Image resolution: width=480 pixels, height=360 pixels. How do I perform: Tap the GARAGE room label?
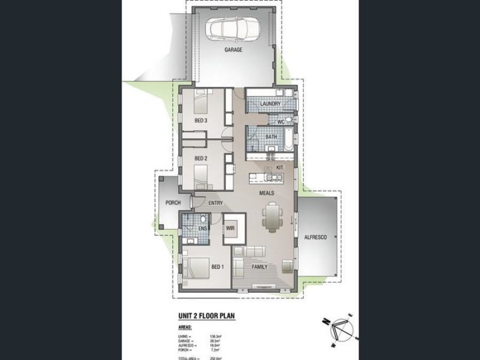point(233,50)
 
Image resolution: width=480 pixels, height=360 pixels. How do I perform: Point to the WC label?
point(280,122)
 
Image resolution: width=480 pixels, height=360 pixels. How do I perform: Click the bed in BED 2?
point(202,175)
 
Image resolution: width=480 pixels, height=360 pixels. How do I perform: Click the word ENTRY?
point(216,203)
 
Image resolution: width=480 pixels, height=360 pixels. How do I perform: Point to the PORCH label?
point(173,203)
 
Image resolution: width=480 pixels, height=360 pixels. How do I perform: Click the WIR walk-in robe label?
point(230,229)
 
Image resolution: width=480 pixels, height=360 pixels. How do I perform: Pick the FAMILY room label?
point(259,266)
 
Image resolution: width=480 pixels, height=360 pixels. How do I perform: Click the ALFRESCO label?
point(315,238)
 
